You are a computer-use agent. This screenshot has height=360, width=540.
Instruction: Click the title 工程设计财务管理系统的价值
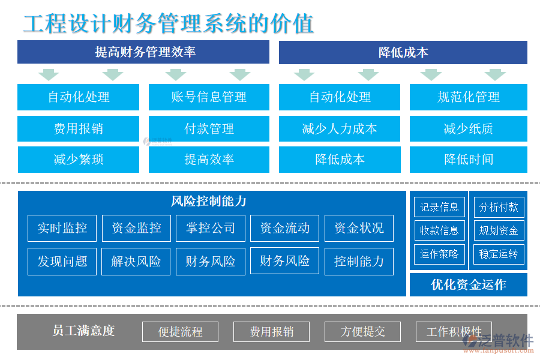coord(169,23)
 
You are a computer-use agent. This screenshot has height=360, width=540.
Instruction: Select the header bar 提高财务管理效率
coord(143,52)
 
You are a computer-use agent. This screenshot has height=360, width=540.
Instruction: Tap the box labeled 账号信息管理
coord(209,97)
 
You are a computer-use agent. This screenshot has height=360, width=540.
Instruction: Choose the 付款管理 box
coord(209,128)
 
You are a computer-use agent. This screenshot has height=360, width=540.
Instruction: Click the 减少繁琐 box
coord(78,160)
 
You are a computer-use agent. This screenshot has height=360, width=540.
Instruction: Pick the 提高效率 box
coord(209,160)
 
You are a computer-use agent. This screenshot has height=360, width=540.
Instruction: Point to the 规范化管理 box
coord(468,97)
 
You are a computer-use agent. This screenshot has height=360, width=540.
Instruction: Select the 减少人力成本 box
coord(340,128)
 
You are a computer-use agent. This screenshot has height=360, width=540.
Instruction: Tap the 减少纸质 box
coord(468,128)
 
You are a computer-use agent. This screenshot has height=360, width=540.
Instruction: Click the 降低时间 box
coord(468,160)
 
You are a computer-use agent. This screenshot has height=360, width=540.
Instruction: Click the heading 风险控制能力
coord(209,202)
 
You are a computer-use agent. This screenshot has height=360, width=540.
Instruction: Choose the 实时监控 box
coord(62,228)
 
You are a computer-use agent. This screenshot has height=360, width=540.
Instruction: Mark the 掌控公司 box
coord(211,228)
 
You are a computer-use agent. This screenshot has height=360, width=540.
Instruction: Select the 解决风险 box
coord(136,262)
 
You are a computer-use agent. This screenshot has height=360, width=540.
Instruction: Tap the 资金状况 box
coord(359,228)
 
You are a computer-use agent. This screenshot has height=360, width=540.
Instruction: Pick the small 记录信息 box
coord(439,208)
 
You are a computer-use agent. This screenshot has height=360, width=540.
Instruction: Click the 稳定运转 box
coord(499,254)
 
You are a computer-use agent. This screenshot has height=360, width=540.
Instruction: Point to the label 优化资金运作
coord(468,284)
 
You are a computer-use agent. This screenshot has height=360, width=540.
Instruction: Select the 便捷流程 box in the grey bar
coord(180,332)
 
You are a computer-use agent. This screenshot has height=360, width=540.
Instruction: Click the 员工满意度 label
coord(83,331)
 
